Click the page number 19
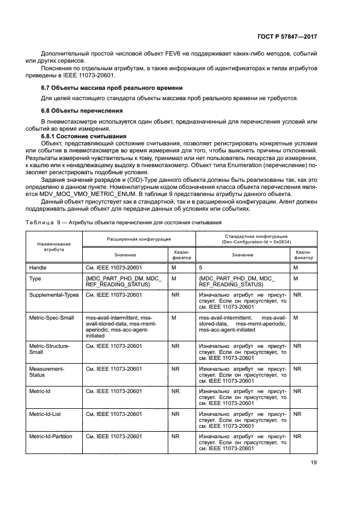[313, 463]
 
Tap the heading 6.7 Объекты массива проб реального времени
[112, 88]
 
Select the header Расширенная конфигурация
[138, 239]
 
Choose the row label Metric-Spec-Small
[51, 317]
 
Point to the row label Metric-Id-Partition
[52, 436]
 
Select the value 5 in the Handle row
[201, 268]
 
